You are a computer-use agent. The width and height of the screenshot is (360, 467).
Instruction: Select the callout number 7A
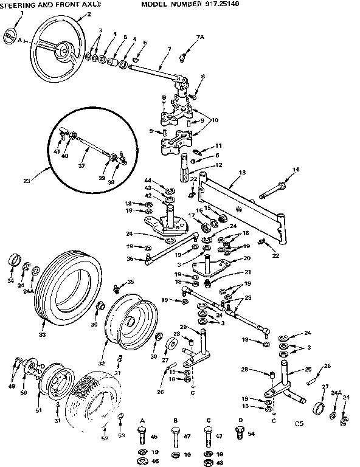[200, 38]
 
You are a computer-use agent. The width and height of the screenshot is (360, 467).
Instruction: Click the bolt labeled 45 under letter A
[141, 437]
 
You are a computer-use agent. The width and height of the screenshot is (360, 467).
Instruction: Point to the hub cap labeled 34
[13, 262]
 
